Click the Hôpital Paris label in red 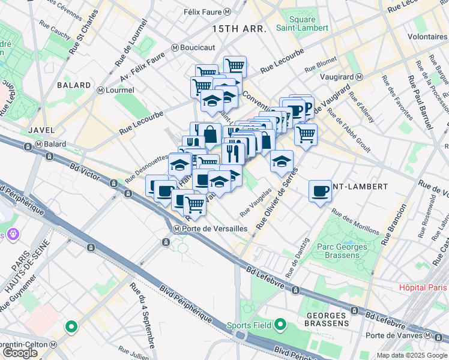(424, 287)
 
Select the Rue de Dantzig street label (298, 258)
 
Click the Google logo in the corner (20, 353)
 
